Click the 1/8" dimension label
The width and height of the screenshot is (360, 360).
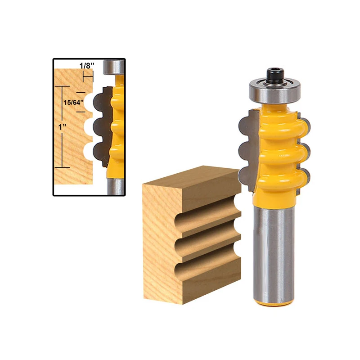[x=87, y=65]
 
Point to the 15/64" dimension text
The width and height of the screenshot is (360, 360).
[x=72, y=103]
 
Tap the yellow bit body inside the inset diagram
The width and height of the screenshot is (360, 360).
[x=118, y=126]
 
